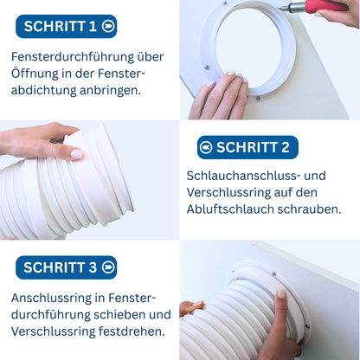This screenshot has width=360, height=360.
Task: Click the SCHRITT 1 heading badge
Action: coord(67,26)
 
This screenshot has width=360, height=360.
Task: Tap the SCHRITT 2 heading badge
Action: coord(247,147)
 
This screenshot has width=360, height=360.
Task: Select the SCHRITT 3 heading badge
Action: coord(65,267)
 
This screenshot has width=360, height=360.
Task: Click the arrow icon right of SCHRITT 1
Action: coord(106,26)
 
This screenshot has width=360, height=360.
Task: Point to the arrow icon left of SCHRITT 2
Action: coord(206,147)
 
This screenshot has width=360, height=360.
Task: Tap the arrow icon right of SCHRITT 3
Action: coord(106,267)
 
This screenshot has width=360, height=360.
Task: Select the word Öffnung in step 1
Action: coord(37,74)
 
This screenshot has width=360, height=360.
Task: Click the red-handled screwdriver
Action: coord(333,10)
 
